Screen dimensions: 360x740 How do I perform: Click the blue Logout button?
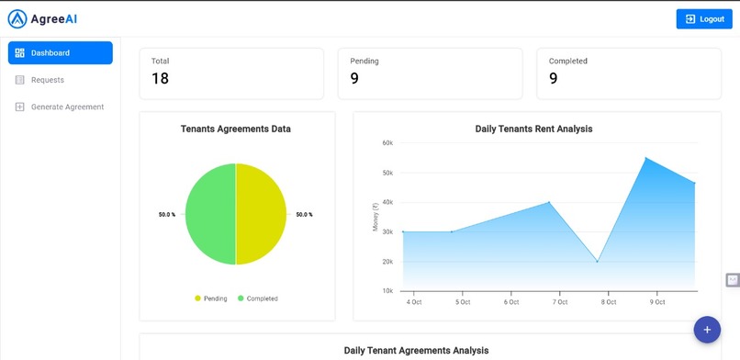click(x=705, y=19)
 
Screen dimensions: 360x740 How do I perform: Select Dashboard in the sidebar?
click(x=61, y=53)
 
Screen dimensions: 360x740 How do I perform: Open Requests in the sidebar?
click(x=47, y=80)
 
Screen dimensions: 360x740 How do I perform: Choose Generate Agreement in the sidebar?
click(x=67, y=107)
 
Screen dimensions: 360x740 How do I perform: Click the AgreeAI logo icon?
click(x=17, y=18)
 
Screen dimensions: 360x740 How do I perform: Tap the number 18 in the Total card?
click(x=160, y=79)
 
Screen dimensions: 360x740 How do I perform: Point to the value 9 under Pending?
click(x=354, y=79)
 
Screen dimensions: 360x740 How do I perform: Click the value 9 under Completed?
click(x=553, y=79)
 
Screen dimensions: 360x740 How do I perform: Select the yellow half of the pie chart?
click(x=262, y=214)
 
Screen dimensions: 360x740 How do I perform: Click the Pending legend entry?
click(x=210, y=298)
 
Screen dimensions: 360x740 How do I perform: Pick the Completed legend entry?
click(x=257, y=298)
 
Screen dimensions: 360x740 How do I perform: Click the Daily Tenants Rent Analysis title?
click(x=533, y=129)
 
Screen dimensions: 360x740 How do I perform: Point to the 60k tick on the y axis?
click(x=387, y=143)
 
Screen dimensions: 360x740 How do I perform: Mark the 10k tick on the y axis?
click(x=387, y=291)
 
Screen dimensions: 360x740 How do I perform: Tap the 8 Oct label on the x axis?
click(x=608, y=301)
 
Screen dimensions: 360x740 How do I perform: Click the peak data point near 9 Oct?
click(x=646, y=158)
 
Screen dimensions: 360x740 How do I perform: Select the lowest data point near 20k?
click(x=598, y=262)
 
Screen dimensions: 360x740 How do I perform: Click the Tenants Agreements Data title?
click(x=236, y=129)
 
